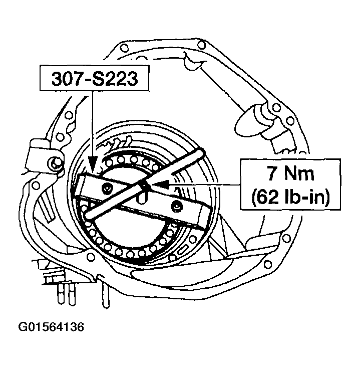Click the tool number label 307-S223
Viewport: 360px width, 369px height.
tap(95, 78)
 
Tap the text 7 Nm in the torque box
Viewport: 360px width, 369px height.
tap(291, 173)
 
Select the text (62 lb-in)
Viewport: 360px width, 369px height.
tap(291, 197)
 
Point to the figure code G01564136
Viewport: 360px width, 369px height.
tap(51, 327)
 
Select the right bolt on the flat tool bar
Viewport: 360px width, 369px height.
tap(176, 207)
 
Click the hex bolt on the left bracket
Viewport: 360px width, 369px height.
tap(55, 162)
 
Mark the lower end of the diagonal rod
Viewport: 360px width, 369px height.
tap(89, 215)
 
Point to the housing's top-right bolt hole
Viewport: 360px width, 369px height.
tap(201, 45)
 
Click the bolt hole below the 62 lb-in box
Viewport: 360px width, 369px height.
tap(286, 239)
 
